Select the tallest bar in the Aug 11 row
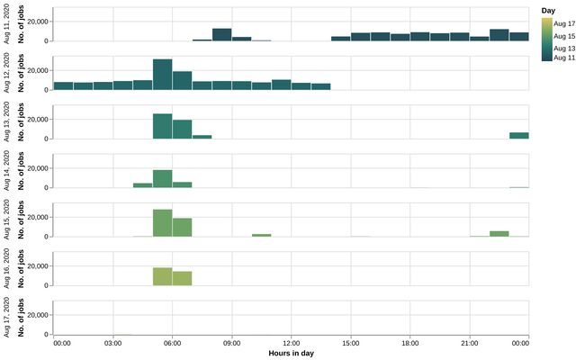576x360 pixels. (x=221, y=35)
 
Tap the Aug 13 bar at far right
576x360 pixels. (x=518, y=135)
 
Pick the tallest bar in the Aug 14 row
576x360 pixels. (x=162, y=178)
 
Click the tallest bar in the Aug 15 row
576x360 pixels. (x=162, y=222)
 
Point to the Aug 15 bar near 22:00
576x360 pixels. (x=499, y=233)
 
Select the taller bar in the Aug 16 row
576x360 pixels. (x=162, y=276)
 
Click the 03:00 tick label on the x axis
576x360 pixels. (x=113, y=343)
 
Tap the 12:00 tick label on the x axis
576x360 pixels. (x=291, y=343)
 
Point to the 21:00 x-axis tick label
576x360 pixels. (x=469, y=343)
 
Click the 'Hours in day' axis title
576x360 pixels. (x=291, y=354)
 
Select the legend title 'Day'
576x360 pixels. (x=547, y=10)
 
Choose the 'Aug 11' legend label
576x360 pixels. (x=563, y=57)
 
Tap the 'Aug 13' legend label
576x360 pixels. (x=563, y=45)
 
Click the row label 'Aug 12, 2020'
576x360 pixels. (x=6, y=73)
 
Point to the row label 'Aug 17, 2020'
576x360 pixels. (x=6, y=317)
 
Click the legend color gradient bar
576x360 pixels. (x=546, y=39)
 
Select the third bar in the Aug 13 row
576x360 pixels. (x=202, y=137)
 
